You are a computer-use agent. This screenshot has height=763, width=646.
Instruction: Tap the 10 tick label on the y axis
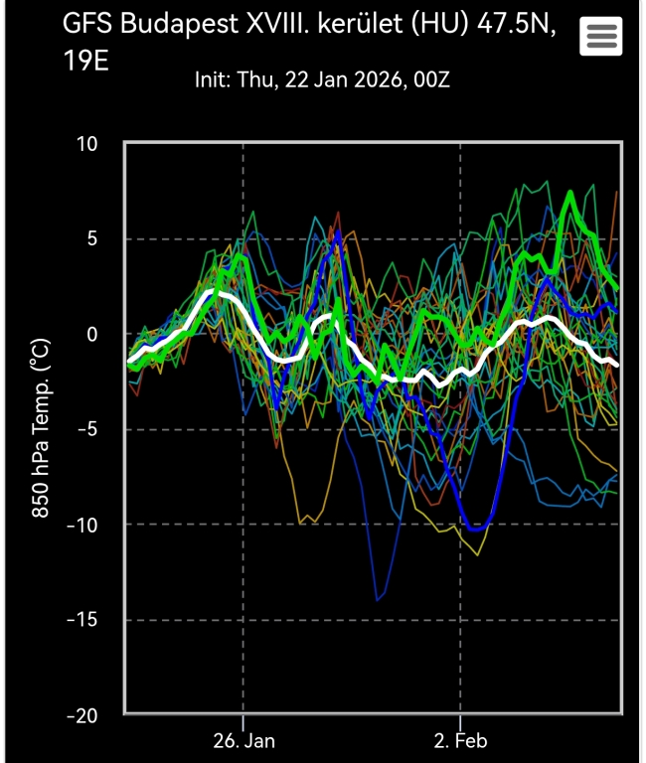tap(87, 144)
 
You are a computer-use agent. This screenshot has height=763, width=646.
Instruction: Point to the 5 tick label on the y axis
tap(92, 239)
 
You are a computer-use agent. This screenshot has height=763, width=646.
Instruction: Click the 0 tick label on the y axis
tap(92, 335)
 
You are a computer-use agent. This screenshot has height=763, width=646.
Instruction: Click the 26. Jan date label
tap(243, 741)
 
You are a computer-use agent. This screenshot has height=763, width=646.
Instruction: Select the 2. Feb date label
tap(461, 741)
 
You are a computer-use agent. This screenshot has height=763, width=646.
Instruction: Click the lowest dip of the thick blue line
tap(475, 530)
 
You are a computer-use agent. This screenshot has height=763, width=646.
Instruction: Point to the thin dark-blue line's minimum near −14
tap(378, 600)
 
